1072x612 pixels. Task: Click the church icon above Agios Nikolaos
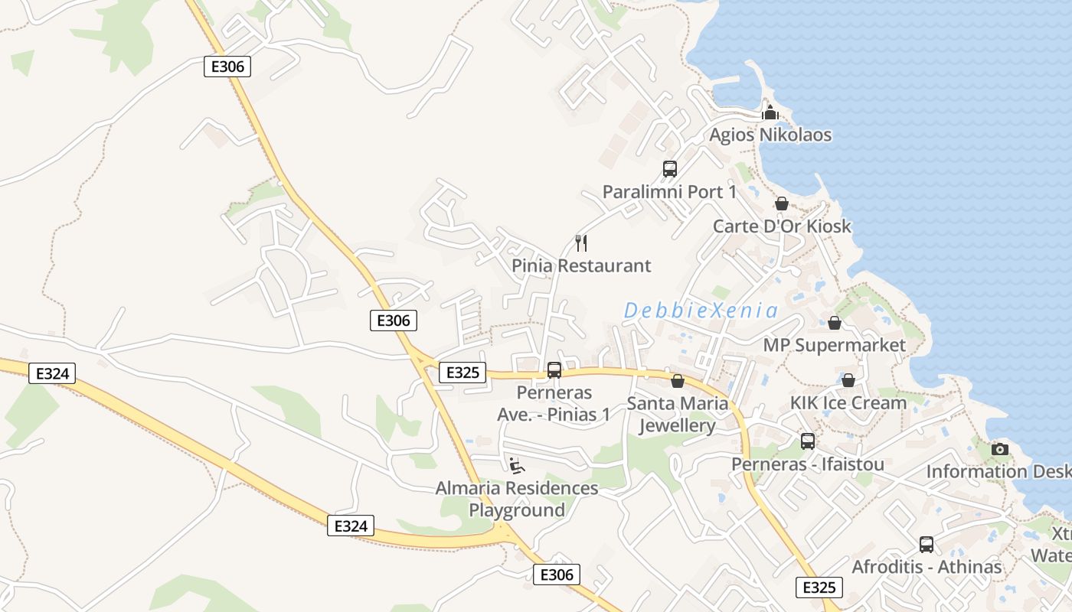point(770,112)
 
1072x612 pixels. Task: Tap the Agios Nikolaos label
point(770,135)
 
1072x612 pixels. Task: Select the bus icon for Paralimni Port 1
point(670,168)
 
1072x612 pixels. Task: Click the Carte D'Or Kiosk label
point(782,226)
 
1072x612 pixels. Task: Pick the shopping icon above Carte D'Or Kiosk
point(782,203)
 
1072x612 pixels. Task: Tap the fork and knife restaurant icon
point(581,243)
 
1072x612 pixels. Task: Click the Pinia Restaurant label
point(581,265)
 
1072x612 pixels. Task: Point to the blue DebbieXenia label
point(701,311)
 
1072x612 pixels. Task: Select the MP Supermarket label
point(834,345)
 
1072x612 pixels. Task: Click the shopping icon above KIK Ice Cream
point(848,380)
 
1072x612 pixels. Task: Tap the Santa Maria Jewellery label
point(677,415)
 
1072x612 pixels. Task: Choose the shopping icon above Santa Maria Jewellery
point(677,380)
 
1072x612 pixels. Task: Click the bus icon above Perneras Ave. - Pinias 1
point(554,370)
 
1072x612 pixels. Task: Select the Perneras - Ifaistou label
point(807,464)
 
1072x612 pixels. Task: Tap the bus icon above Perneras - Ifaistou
point(808,441)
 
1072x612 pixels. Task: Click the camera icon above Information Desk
point(999,449)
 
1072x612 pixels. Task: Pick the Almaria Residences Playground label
point(517,499)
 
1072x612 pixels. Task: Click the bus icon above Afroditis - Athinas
point(927,545)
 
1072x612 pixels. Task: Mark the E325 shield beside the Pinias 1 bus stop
point(462,373)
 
